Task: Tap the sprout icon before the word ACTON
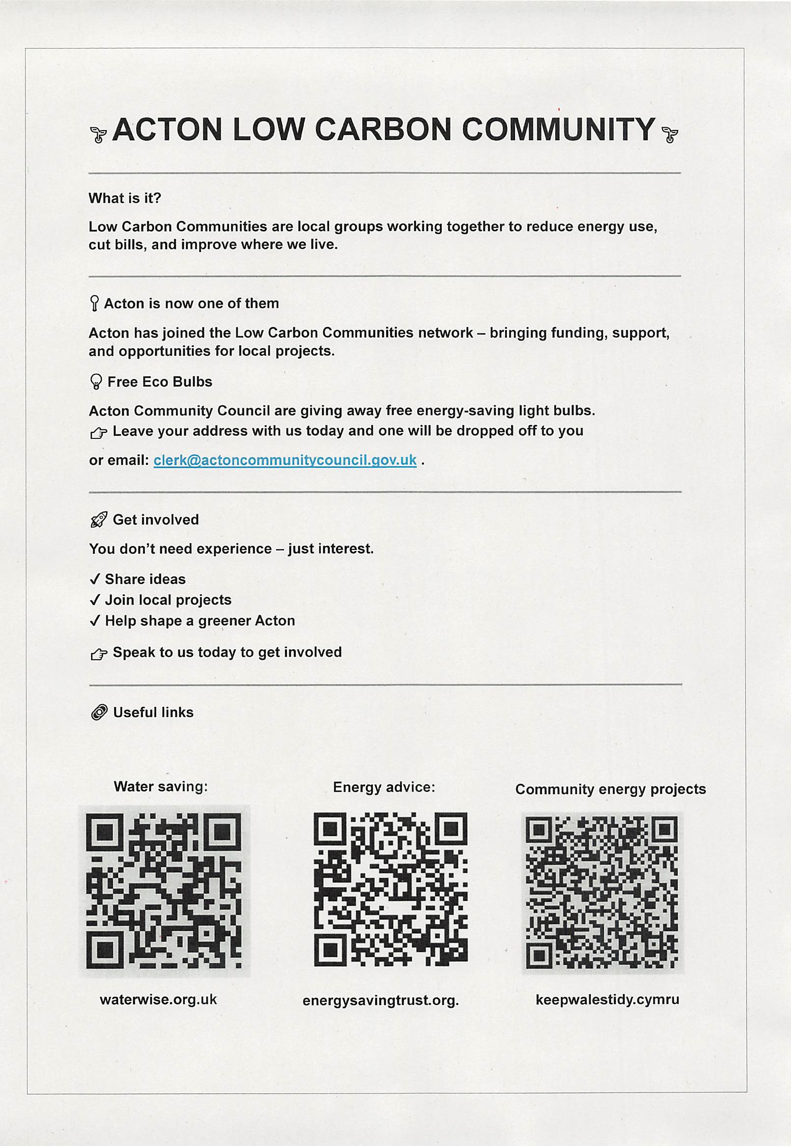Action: tap(98, 134)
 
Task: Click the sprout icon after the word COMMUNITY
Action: tap(670, 134)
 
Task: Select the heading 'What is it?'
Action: tap(125, 198)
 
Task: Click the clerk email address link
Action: tap(285, 460)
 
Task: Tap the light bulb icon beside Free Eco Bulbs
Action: tap(96, 382)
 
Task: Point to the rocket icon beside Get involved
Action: tap(99, 520)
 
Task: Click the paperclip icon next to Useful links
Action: tap(99, 713)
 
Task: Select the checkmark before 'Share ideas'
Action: tap(95, 579)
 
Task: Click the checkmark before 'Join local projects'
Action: tap(95, 600)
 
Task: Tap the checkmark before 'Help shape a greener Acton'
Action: tap(95, 621)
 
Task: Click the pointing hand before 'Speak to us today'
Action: tap(99, 654)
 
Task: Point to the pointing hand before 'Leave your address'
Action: tap(99, 433)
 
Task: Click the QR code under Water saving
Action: tap(164, 891)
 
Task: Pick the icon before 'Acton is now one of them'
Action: tap(94, 303)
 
